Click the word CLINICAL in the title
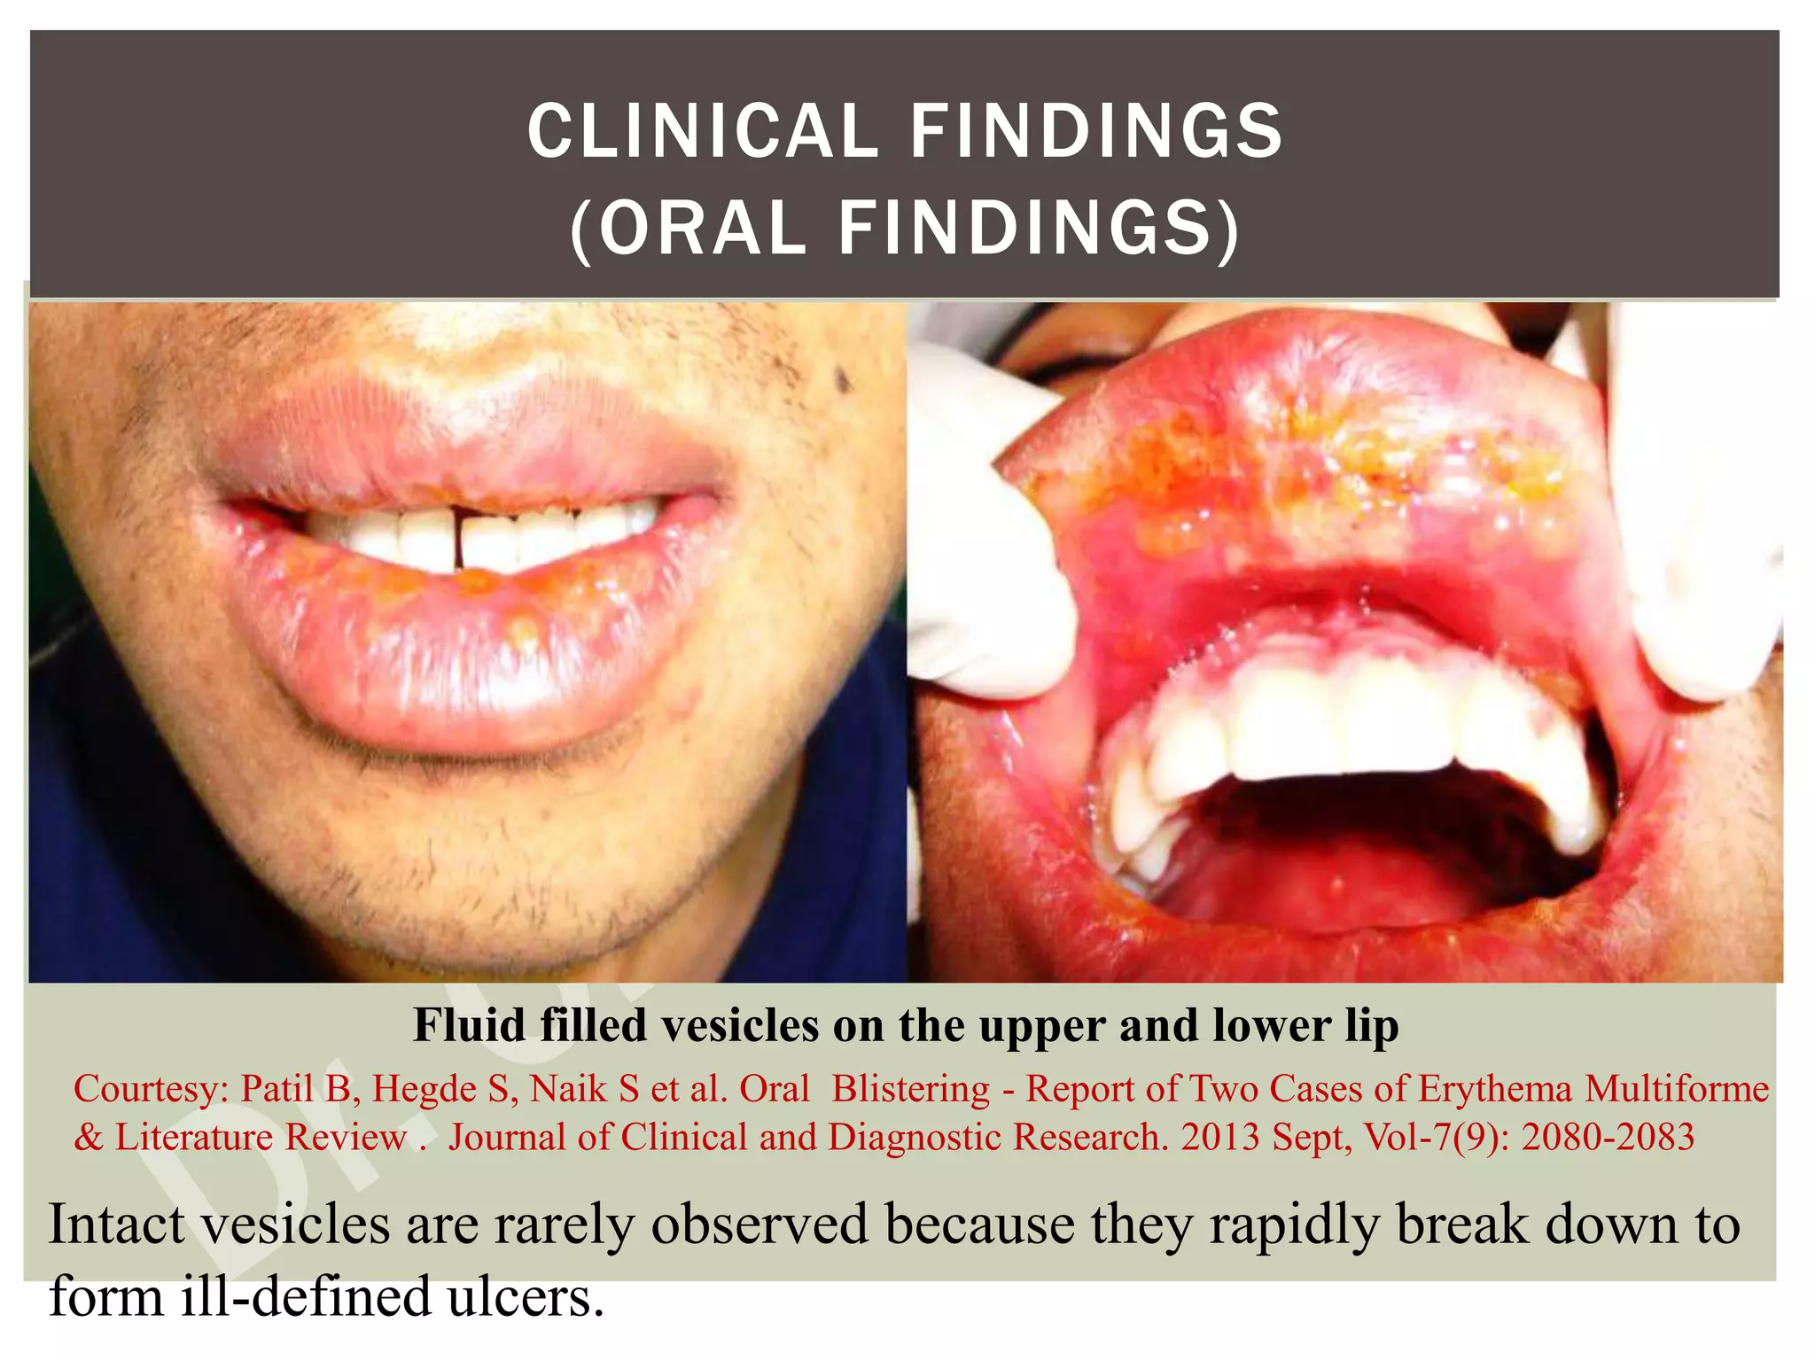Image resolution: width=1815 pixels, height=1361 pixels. (x=702, y=132)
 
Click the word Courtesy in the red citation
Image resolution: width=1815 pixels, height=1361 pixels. (x=146, y=1089)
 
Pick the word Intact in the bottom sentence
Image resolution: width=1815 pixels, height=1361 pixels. (x=116, y=1225)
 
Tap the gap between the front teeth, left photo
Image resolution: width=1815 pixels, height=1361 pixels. (x=458, y=541)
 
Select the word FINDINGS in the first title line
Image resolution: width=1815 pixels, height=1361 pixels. (x=1096, y=132)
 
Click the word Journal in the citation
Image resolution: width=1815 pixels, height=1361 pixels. (x=506, y=1138)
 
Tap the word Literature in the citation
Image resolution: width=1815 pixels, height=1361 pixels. (x=194, y=1138)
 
